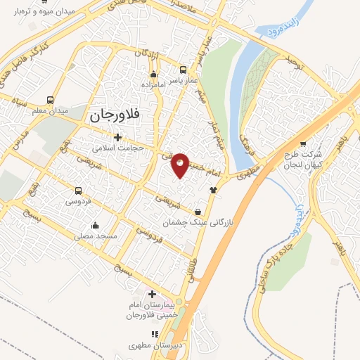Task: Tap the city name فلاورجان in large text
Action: [117, 114]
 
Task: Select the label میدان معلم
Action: [51, 111]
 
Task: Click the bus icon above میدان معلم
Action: [50, 100]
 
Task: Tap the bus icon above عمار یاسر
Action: [184, 70]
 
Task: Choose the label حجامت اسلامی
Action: [118, 148]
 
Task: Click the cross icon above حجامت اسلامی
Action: [117, 137]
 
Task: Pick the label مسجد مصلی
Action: [95, 237]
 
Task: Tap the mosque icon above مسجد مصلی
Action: [96, 226]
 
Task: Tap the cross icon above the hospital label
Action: [153, 292]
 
